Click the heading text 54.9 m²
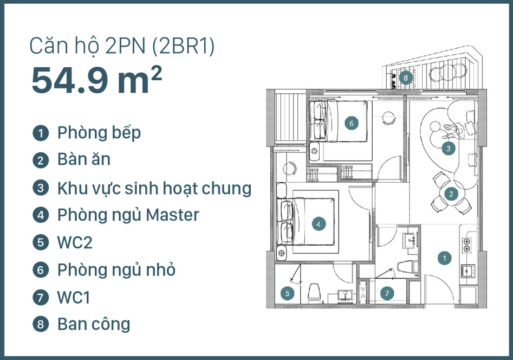coord(97,80)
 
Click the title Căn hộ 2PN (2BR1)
coord(122,46)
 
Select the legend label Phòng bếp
coord(99,133)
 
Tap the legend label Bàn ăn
coord(84,159)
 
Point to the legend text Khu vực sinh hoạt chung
coord(154,188)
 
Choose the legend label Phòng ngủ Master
coord(128,216)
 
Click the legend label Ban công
coord(94,324)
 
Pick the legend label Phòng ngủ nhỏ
coord(116,270)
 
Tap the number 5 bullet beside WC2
coord(41,242)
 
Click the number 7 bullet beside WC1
coord(41,297)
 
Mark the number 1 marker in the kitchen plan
coord(444,258)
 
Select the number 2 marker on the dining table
coord(451,194)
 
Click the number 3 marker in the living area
coord(448,149)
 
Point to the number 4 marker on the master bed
coord(319,224)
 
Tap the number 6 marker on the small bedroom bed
coord(352,123)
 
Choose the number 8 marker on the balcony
coord(406,78)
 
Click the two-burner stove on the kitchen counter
coord(467,245)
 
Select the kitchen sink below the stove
coord(467,271)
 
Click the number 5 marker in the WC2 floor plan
coord(287,293)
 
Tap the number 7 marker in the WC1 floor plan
coord(387,293)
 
